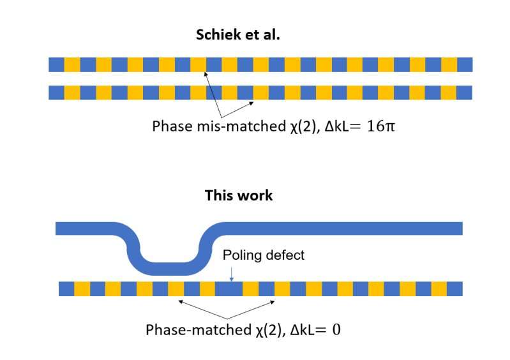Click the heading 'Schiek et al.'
coord(238,35)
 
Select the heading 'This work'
coord(238,195)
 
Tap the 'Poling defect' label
coord(264,255)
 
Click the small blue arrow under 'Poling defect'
coord(232,273)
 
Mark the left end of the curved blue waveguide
coord(59,228)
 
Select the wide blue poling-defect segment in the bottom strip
coord(229,289)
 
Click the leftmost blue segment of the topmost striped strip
coord(56,64)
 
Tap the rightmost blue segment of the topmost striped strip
coord(465,64)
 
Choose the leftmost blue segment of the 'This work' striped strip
coord(66,289)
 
